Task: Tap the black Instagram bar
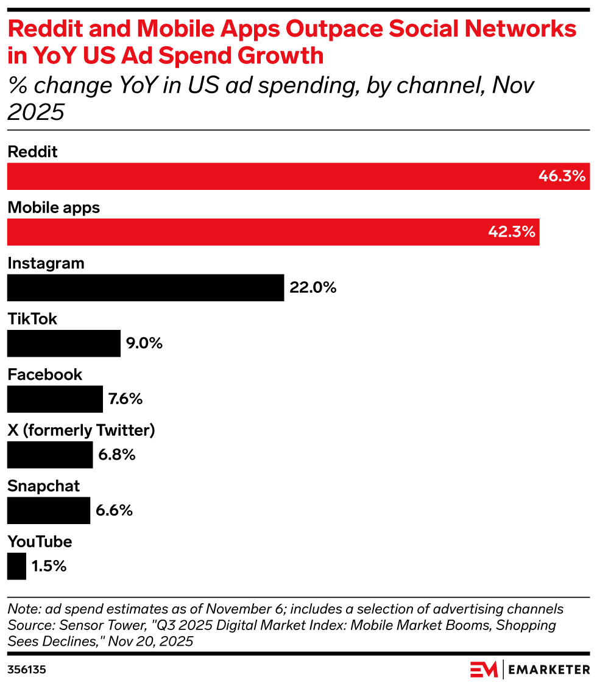146,287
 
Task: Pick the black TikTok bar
64,343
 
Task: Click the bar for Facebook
55,399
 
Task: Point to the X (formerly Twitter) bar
50,455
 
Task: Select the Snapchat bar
49,510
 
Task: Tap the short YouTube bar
16,566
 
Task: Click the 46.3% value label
562,177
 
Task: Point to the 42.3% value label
512,232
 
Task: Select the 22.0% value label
313,287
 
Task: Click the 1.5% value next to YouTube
49,566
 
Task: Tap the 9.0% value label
144,343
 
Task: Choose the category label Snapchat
44,486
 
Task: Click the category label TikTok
32,319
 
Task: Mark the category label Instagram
46,264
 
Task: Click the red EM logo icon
484,670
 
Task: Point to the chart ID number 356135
27,670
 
